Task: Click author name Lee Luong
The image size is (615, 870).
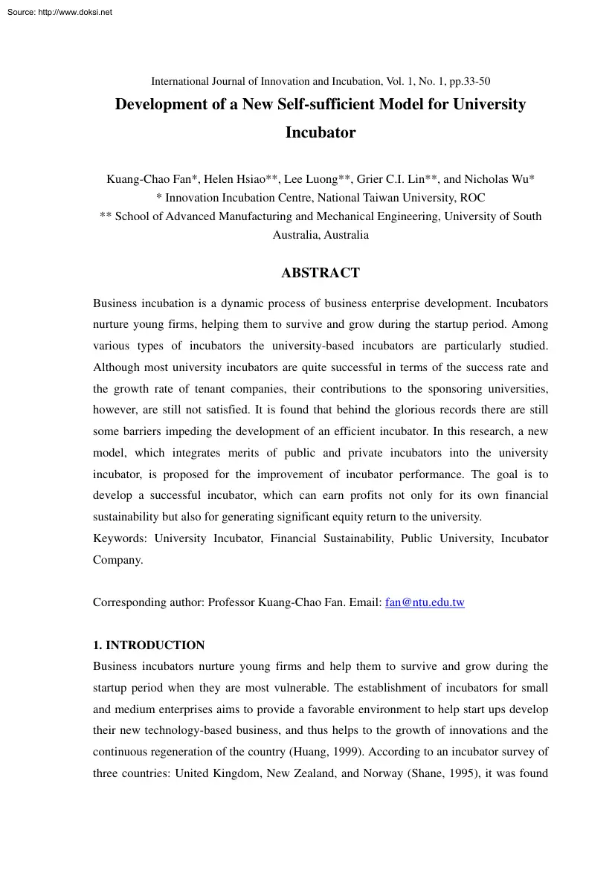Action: pyautogui.click(x=313, y=179)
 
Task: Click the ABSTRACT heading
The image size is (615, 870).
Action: pyautogui.click(x=320, y=273)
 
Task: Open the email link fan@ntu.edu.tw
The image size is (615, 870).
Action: pyautogui.click(x=425, y=602)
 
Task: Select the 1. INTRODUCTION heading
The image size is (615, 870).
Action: pyautogui.click(x=149, y=645)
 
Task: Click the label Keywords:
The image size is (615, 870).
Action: pyautogui.click(x=120, y=538)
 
